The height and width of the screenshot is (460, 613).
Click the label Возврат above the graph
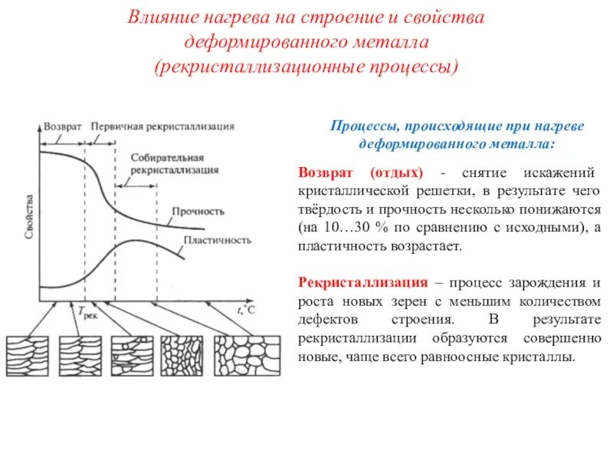tap(62, 124)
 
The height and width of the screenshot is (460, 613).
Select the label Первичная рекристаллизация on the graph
tap(162, 124)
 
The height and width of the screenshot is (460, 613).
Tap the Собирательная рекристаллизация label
tap(175, 163)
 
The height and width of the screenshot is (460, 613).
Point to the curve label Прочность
tap(198, 212)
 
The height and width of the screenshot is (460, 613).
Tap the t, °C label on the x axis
tap(244, 309)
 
